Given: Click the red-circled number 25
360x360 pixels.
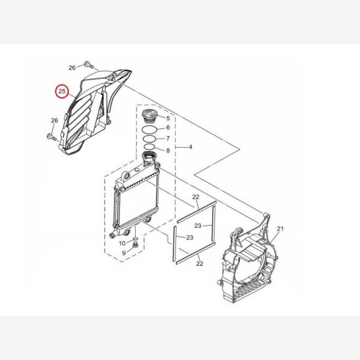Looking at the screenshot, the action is pyautogui.click(x=62, y=91).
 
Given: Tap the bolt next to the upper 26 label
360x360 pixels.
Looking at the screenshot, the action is pyautogui.click(x=89, y=65).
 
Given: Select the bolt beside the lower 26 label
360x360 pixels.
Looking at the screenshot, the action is pyautogui.click(x=52, y=137).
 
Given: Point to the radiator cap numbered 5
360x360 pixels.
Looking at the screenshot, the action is pyautogui.click(x=150, y=116).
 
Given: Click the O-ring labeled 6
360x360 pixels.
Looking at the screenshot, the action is pyautogui.click(x=149, y=130).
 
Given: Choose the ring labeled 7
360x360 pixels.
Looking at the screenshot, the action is pyautogui.click(x=149, y=139).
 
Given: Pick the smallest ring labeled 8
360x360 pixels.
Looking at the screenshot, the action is pyautogui.click(x=149, y=147).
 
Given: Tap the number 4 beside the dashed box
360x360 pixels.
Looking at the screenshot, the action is pyautogui.click(x=190, y=147).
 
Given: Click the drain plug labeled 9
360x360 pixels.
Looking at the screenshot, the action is pyautogui.click(x=135, y=245).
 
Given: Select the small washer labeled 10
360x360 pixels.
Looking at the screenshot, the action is pyautogui.click(x=136, y=239).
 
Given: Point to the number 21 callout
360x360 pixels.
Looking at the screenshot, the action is pyautogui.click(x=280, y=229).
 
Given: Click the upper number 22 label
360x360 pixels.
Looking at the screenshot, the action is pyautogui.click(x=196, y=197).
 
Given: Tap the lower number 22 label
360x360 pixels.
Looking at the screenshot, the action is pyautogui.click(x=200, y=263).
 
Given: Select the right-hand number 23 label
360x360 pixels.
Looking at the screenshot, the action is pyautogui.click(x=197, y=226).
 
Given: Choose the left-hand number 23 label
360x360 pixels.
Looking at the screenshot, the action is pyautogui.click(x=190, y=238).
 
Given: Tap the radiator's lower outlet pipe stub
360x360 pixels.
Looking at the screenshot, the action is pyautogui.click(x=113, y=235).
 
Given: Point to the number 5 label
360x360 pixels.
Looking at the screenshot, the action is pyautogui.click(x=168, y=118).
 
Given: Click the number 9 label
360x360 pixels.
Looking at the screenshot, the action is pyautogui.click(x=124, y=253).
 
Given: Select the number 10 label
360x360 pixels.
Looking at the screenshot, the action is pyautogui.click(x=122, y=243).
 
